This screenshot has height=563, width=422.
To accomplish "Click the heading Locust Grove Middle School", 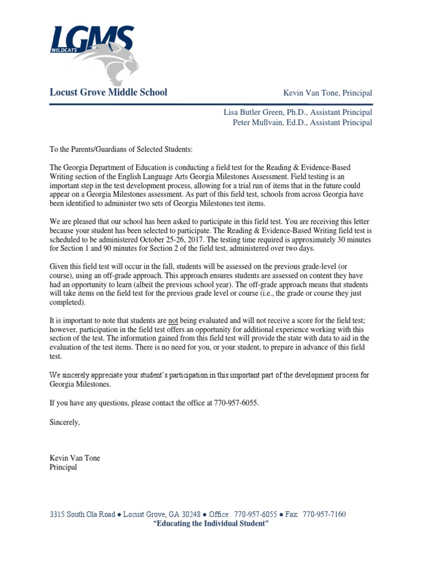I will [108, 92].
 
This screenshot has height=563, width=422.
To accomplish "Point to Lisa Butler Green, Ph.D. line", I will [297, 112].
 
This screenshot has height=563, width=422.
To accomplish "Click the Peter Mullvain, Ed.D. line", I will [302, 123].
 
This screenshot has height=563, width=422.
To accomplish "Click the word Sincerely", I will [65, 422].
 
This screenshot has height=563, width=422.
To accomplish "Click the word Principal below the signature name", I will [63, 467].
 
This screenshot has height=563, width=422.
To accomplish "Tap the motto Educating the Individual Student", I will [210, 525].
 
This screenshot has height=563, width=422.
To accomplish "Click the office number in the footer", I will [256, 515].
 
